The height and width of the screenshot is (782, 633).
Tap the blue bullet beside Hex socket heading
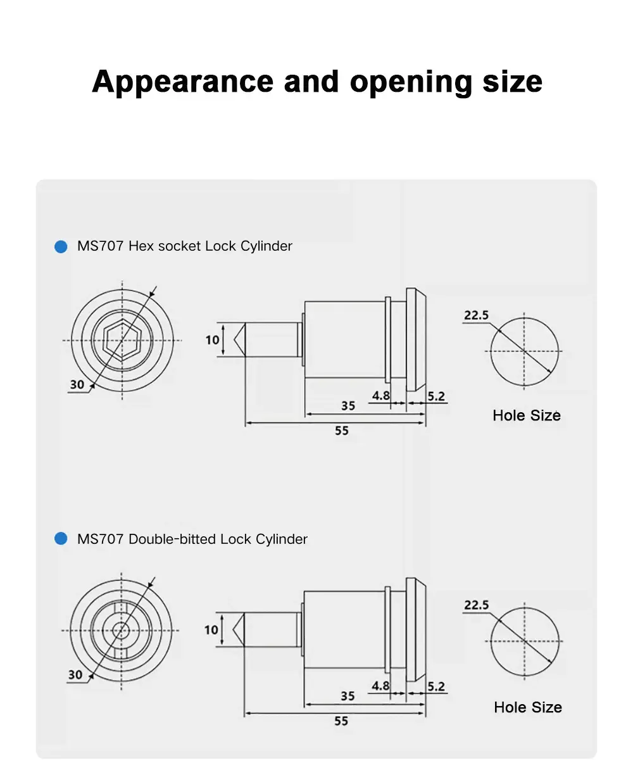pyautogui.click(x=61, y=246)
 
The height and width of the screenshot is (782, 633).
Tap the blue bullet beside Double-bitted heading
pyautogui.click(x=61, y=539)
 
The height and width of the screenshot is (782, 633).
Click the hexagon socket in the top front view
pyautogui.click(x=122, y=341)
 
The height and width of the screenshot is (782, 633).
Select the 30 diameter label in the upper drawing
pyautogui.click(x=77, y=384)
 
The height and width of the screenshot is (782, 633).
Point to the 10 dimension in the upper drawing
pyautogui.click(x=212, y=340)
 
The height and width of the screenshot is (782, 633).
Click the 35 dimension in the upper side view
pyautogui.click(x=348, y=406)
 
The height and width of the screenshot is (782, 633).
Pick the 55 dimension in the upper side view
pyautogui.click(x=342, y=431)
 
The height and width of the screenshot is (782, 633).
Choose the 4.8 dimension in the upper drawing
pyautogui.click(x=380, y=396)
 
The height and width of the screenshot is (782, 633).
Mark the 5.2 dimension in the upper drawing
pyautogui.click(x=436, y=396)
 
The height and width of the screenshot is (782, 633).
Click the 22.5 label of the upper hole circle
pyautogui.click(x=476, y=315)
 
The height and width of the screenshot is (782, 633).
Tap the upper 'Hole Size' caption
pyautogui.click(x=527, y=415)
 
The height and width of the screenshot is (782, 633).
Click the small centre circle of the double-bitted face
pyautogui.click(x=121, y=630)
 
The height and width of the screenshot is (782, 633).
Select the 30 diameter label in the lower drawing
pyautogui.click(x=75, y=675)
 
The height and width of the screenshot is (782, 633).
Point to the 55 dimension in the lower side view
pyautogui.click(x=341, y=721)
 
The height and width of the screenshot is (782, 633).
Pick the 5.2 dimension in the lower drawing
pyautogui.click(x=436, y=686)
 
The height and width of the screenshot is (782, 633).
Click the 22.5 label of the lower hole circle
pyautogui.click(x=476, y=605)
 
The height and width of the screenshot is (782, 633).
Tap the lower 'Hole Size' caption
pyautogui.click(x=528, y=707)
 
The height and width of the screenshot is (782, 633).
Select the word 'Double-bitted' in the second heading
pyautogui.click(x=172, y=539)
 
